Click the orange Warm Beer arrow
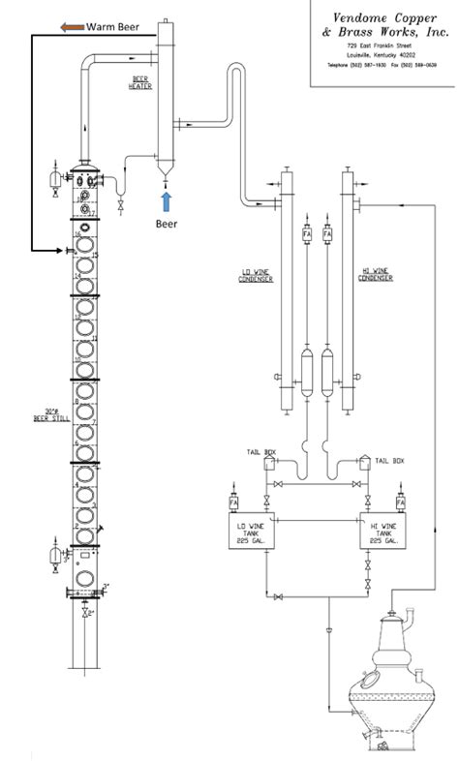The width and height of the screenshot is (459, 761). tap(71, 27)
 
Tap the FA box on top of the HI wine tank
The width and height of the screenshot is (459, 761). tap(400, 503)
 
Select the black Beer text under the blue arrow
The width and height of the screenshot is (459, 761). tap(167, 222)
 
